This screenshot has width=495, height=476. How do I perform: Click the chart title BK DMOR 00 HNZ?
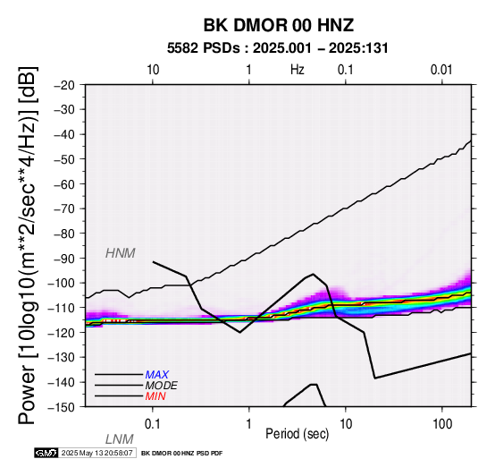pos(279,25)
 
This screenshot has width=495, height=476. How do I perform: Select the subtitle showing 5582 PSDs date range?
pos(278,48)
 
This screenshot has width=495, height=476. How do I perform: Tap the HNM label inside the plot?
pos(121,253)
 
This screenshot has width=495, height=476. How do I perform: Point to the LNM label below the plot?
pos(120,439)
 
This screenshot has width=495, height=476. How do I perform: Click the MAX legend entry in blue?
pos(157,375)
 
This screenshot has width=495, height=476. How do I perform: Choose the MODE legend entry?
pos(162,386)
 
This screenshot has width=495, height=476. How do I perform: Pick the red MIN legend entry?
pos(155,396)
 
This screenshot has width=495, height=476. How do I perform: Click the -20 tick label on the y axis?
pos(64,85)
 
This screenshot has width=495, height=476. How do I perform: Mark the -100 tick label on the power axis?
pos(61,283)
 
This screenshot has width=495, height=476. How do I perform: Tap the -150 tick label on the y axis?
pos(61,407)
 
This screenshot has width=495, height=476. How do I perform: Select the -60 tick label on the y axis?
pos(64,184)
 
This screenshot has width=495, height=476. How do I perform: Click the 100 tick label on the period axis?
pos(442,424)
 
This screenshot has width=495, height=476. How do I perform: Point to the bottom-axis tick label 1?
pos(249,424)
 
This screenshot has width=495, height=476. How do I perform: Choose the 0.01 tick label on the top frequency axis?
pos(441,70)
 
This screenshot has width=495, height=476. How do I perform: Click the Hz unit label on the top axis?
pos(298,70)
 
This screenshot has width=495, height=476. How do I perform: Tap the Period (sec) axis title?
pos(298,434)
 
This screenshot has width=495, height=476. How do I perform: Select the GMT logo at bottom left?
pos(46,453)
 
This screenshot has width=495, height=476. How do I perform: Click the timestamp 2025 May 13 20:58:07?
pos(96,453)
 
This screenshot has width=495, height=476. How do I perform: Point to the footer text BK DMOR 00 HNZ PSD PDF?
pos(182,454)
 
